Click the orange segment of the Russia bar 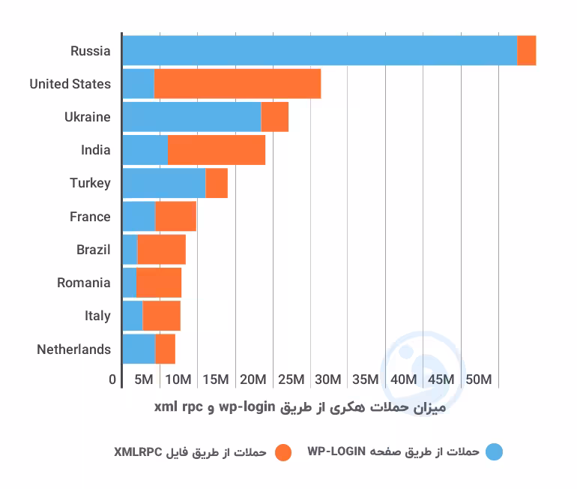coord(527,50)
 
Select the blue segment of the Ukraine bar coord(192,117)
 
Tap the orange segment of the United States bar coord(238,83)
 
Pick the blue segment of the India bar coord(145,150)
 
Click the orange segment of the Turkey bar coord(217,183)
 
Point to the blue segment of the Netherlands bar coord(139,349)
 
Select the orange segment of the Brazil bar coord(162,249)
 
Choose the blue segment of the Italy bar coord(133,316)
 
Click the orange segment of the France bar coord(176,216)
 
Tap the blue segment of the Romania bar coord(130,283)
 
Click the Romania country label coord(83,283)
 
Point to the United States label coord(70,84)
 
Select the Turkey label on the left coord(90,183)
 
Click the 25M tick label coord(291,379)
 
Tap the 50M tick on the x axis coord(478,379)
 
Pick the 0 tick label coord(112,379)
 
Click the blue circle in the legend coord(494,451)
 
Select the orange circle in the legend coord(283,452)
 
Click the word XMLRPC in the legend coord(138,451)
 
